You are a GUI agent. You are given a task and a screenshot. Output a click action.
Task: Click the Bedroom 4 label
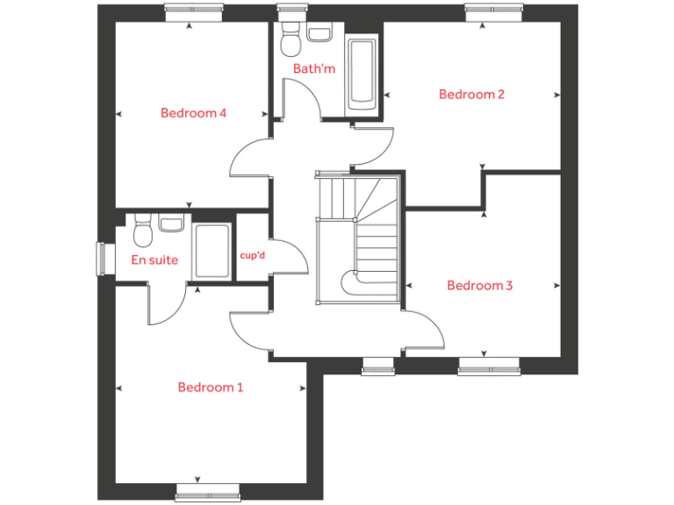(x=194, y=113)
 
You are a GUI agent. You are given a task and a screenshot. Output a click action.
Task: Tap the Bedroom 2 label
(x=472, y=95)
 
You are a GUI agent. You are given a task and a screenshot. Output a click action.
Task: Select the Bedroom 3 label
(x=480, y=285)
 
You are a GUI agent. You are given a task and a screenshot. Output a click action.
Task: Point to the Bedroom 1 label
(x=211, y=388)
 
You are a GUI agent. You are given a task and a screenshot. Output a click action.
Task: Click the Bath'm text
(x=314, y=68)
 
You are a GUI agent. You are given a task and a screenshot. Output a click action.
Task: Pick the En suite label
(x=154, y=260)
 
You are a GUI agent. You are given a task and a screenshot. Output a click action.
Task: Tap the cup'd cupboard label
(x=253, y=256)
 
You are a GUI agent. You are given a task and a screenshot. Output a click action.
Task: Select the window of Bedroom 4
(x=191, y=11)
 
